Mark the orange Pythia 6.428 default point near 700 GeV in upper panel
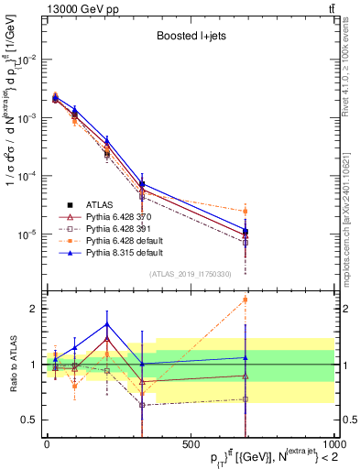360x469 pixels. (x=245, y=212)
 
